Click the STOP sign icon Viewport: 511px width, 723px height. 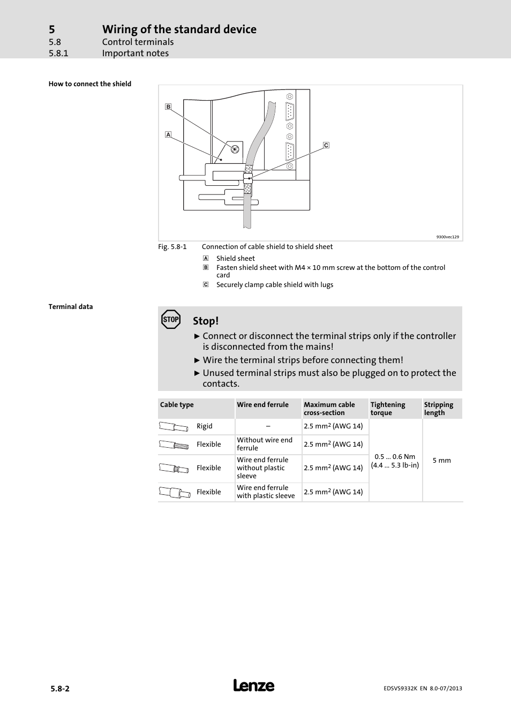[171, 319]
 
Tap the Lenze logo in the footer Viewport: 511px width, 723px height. [254, 686]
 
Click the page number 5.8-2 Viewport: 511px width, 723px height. [60, 689]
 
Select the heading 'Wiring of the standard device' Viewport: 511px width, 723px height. [179, 29]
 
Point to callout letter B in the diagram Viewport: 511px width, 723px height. [168, 107]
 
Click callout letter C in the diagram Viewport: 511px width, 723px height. [326, 145]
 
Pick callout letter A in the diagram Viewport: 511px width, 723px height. [168, 134]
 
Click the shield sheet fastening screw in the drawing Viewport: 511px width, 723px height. [235, 149]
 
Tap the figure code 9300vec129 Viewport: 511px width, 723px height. [447, 237]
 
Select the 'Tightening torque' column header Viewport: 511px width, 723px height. [388, 409]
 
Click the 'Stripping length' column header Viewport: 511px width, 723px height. [438, 409]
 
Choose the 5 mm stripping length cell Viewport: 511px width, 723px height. [441, 461]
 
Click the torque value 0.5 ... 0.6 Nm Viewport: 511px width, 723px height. [395, 457]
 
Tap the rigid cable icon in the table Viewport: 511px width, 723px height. [174, 427]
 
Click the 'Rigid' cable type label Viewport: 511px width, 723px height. [204, 426]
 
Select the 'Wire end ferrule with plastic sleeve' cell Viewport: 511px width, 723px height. [266, 492]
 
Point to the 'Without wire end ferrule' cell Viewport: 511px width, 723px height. [265, 444]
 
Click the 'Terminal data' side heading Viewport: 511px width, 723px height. [71, 307]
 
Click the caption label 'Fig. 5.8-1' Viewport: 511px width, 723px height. [172, 247]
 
